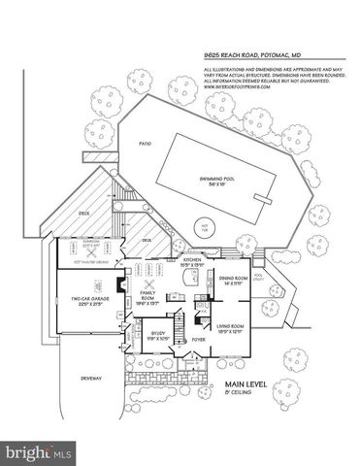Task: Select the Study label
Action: [141, 336]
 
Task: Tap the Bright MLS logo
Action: [39, 451]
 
